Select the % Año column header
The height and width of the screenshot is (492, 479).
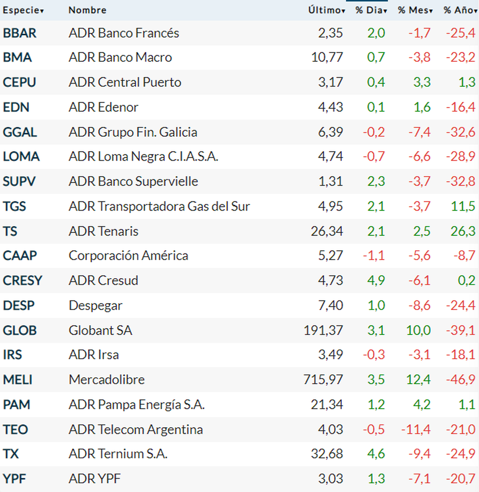pyautogui.click(x=460, y=10)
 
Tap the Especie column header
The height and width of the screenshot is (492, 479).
pyautogui.click(x=23, y=10)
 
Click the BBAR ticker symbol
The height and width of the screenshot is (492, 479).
pyautogui.click(x=20, y=33)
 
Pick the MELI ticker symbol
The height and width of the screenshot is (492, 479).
pyautogui.click(x=18, y=379)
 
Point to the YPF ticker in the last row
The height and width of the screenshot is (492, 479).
pyautogui.click(x=14, y=478)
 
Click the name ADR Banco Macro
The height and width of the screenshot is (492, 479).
pyautogui.click(x=120, y=57)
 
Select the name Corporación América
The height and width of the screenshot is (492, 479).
pyautogui.click(x=128, y=256)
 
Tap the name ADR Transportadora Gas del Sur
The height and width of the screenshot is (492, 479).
pyautogui.click(x=159, y=206)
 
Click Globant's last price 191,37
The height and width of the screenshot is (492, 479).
pyautogui.click(x=323, y=330)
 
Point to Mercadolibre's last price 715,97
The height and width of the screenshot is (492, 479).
pyautogui.click(x=323, y=379)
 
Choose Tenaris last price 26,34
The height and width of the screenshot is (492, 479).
pyautogui.click(x=327, y=231)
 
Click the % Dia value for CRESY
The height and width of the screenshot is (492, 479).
pyautogui.click(x=376, y=281)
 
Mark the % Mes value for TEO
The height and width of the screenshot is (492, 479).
pyautogui.click(x=416, y=429)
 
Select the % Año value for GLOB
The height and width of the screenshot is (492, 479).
pyautogui.click(x=460, y=330)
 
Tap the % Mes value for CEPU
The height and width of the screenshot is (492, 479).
pyautogui.click(x=422, y=82)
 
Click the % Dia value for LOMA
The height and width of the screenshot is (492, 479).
pyautogui.click(x=374, y=156)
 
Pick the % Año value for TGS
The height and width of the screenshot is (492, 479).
pyautogui.click(x=463, y=206)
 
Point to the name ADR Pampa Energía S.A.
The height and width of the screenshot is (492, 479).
pyautogui.click(x=137, y=405)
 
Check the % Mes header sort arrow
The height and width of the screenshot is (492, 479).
pyautogui.click(x=431, y=11)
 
